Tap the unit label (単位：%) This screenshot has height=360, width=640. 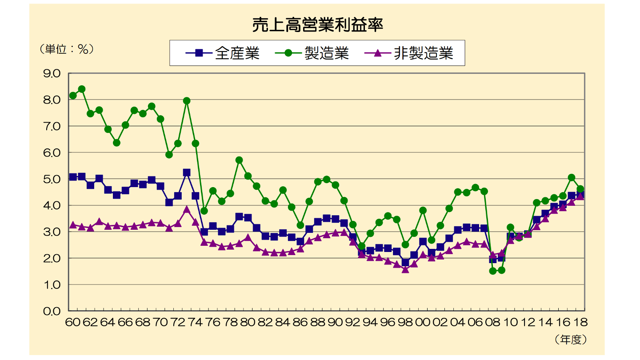coord(66,49)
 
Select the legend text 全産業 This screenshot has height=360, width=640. coord(237,53)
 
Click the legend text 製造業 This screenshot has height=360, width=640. coord(326,53)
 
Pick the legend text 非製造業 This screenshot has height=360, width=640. coord(423,53)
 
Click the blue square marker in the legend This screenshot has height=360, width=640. coord(199,53)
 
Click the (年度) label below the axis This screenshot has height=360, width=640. coord(571,340)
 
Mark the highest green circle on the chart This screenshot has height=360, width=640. coord(82,89)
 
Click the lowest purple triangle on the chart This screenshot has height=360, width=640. coord(405,269)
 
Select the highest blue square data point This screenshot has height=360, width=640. coord(187,172)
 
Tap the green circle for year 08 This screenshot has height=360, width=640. coord(492,271)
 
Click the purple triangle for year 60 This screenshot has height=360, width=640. coord(73,225)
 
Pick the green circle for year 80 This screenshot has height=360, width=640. coord(248,176)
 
